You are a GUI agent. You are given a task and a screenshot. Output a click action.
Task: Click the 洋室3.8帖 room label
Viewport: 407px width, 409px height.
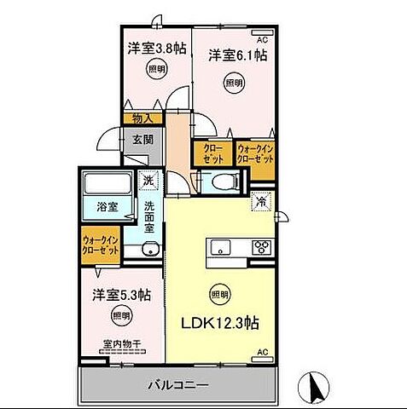point(155,49)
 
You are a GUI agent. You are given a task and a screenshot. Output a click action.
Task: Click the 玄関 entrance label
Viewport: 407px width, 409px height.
point(142,141)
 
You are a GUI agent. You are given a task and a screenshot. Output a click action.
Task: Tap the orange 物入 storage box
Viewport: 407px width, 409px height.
point(142,118)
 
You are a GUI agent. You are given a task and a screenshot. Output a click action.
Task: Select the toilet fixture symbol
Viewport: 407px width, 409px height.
point(222,181)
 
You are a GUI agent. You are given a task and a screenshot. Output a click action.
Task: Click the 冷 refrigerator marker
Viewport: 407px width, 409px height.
point(261,203)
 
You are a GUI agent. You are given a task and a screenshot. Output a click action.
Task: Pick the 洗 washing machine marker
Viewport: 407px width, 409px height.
point(148,181)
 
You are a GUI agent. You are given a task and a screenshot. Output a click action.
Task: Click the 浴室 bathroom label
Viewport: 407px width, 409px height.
point(106,205)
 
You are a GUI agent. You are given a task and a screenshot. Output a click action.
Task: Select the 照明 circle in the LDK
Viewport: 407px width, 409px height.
point(219,294)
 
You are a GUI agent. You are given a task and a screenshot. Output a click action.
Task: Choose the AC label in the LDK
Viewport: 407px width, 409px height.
point(263,352)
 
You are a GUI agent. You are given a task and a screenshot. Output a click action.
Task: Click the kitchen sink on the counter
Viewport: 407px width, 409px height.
point(218,249)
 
